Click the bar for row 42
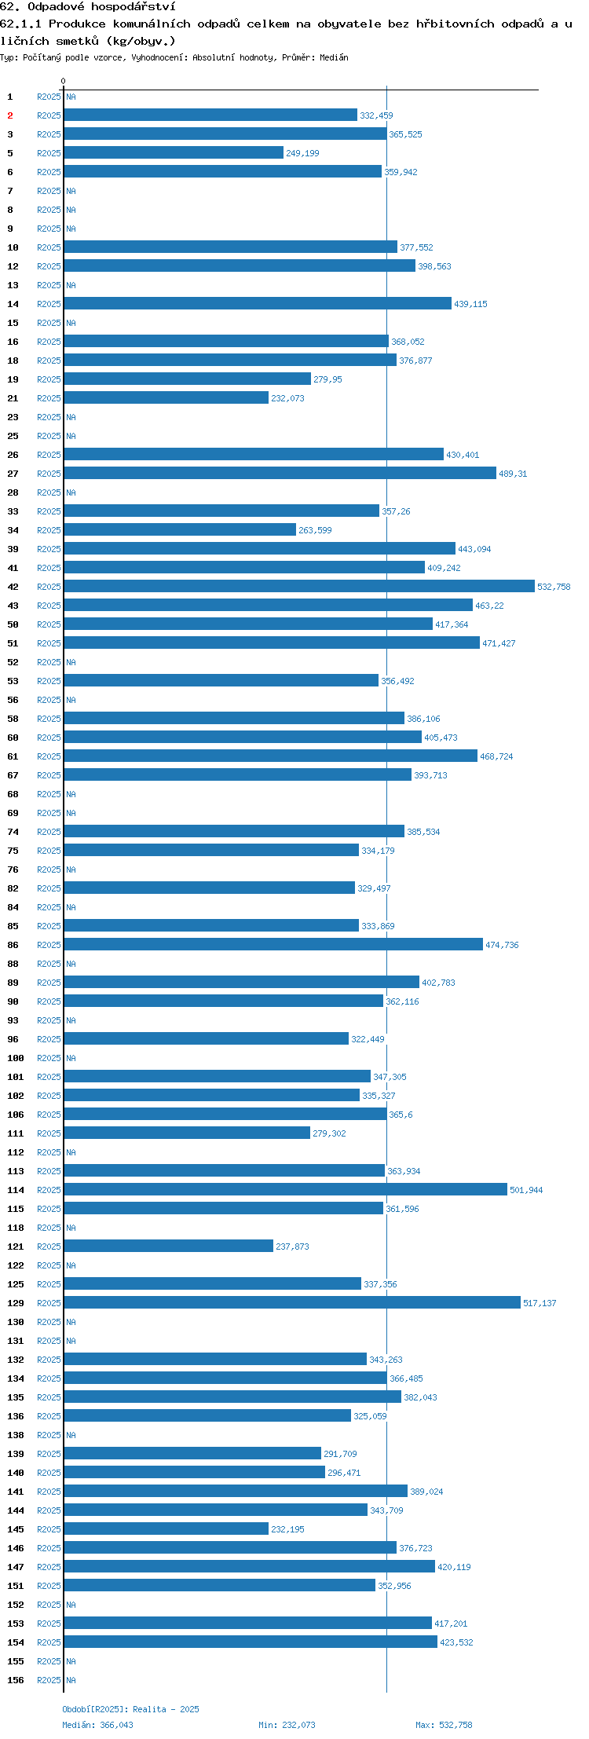coord(299,586)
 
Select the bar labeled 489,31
coord(280,473)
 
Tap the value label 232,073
coord(287,398)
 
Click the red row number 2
coord(10,115)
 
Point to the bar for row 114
coord(286,1189)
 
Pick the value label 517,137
coord(540,1303)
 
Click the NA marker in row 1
coord(71,97)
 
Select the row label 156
coord(16,1680)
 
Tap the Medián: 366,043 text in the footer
coord(97,1725)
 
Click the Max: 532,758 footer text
coord(444,1725)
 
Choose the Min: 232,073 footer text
coord(287,1725)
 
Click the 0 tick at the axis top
coord(64,81)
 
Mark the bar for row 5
coord(174,152)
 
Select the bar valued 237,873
coord(169,1246)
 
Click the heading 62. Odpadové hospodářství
coord(88,7)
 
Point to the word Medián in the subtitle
coord(334,57)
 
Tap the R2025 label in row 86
coord(49,945)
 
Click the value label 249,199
coord(302,153)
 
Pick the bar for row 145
coord(166,1528)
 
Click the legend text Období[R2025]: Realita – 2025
coord(130,1709)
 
